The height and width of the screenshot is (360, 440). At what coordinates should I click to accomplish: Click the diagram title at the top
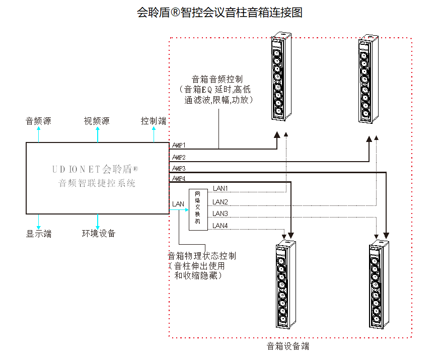coord(219,13)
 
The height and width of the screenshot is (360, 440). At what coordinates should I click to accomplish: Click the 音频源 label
coord(39,121)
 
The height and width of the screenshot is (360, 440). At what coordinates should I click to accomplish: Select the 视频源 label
coord(97,121)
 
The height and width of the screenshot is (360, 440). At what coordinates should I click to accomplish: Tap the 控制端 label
coord(154,121)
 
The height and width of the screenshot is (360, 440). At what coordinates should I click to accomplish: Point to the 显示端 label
coord(39,234)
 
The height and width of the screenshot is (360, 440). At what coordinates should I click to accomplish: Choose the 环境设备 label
coord(99,234)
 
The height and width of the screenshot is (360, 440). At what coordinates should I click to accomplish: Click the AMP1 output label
coord(179,146)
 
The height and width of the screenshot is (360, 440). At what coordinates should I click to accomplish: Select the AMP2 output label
coord(179,157)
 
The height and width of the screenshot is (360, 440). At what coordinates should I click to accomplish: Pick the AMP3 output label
coord(179,168)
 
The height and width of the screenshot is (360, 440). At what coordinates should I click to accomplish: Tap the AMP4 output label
coord(179,179)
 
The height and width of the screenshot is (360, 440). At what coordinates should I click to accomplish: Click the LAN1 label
coord(221,188)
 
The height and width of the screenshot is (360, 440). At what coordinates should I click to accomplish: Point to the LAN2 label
coord(221,202)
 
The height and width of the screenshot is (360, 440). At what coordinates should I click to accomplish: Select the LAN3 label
coord(221,214)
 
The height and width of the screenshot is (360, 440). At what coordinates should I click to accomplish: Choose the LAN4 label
coord(221,226)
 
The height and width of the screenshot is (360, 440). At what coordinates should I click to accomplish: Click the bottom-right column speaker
coord(378,285)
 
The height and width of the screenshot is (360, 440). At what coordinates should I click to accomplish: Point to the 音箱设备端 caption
coord(288,346)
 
